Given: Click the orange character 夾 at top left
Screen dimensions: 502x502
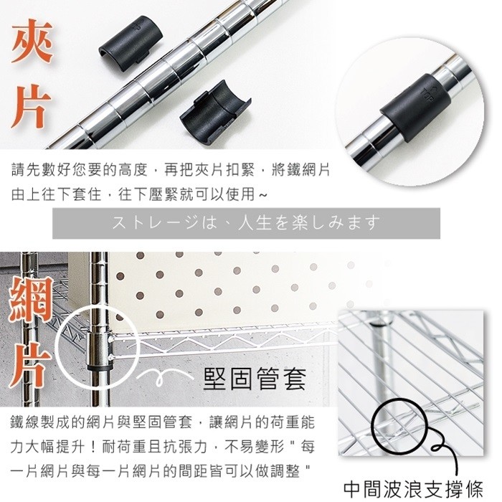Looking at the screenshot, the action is coord(32,41).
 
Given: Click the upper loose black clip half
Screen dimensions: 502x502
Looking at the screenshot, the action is coord(131,39).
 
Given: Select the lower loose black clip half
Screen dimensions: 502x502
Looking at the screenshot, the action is coord(215,113).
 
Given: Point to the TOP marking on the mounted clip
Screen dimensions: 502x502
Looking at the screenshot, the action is coord(428,93).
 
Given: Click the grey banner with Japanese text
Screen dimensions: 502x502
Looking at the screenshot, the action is coord(246,223).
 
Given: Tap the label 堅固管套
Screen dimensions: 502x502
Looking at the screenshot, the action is coord(255,379).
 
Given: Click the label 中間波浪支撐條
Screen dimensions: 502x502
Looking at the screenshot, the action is coord(413,489).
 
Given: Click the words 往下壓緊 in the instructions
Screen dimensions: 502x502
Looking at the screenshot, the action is coord(148,194).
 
